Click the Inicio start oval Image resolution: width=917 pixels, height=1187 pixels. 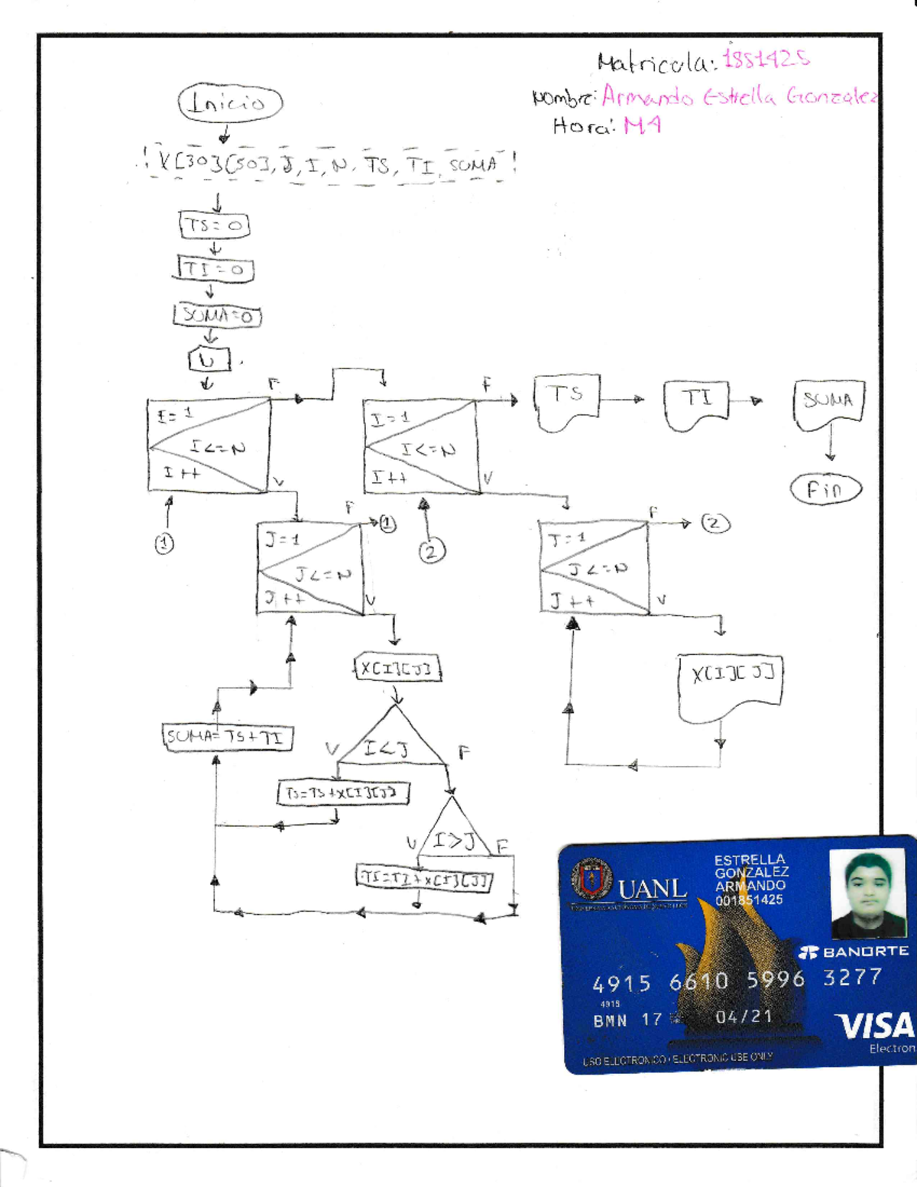[x=230, y=102]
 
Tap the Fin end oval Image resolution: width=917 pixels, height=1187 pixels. [x=825, y=489]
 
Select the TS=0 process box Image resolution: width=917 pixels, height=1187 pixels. [x=215, y=225]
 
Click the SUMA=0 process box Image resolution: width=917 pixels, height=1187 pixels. [x=218, y=315]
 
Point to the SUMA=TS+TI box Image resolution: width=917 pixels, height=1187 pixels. [x=227, y=737]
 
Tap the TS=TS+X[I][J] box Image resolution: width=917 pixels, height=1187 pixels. [x=342, y=793]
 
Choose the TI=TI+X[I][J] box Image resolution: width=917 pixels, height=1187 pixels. [x=425, y=878]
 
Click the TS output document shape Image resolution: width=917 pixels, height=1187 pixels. [x=566, y=401]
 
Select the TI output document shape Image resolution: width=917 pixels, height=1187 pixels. [x=696, y=404]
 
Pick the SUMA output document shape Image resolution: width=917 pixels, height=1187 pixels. [x=829, y=403]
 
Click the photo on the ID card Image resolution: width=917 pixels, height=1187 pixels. [x=869, y=894]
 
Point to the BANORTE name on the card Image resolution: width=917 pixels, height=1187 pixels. [x=854, y=952]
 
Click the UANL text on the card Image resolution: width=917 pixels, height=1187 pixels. [x=652, y=890]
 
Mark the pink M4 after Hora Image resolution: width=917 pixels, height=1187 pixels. [x=642, y=125]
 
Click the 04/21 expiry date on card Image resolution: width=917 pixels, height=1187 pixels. [x=744, y=1017]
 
